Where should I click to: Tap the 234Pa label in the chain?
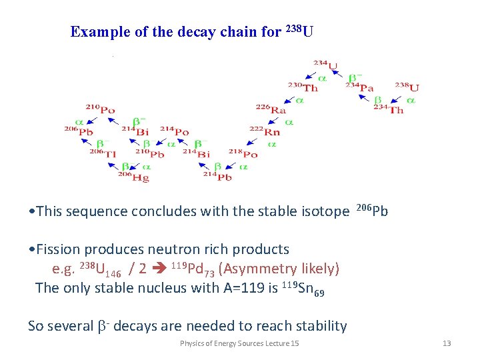tap(359, 87)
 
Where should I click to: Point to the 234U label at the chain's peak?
tap(326, 65)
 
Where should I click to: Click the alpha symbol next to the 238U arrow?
tap(411, 100)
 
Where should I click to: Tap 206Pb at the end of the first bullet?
tap(373, 211)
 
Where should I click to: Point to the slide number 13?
tap(447, 343)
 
